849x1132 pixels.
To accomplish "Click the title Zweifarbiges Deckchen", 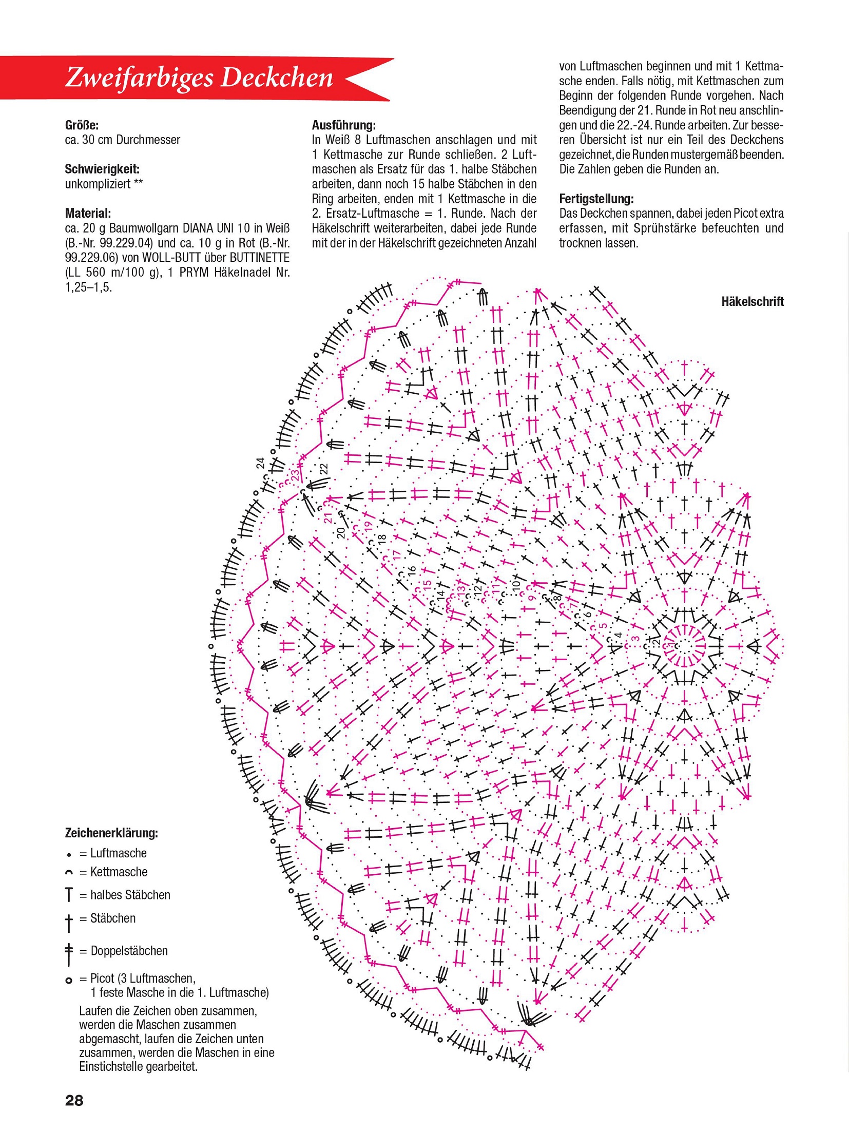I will pyautogui.click(x=199, y=78).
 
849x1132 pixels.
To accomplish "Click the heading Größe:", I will pyautogui.click(x=82, y=125).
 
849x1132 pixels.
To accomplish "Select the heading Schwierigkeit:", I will pyautogui.click(x=102, y=169).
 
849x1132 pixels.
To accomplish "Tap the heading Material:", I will pyautogui.click(x=88, y=213).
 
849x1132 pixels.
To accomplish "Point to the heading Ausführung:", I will pyautogui.click(x=343, y=125).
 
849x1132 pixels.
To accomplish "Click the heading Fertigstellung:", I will pyautogui.click(x=596, y=199).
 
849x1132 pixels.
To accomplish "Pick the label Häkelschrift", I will pyautogui.click(x=752, y=301).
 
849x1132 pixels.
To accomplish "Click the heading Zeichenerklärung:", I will pyautogui.click(x=111, y=833).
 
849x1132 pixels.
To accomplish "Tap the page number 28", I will pyautogui.click(x=74, y=1100).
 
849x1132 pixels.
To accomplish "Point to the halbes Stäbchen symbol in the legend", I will pyautogui.click(x=69, y=895).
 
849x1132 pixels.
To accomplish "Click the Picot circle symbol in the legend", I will pyautogui.click(x=69, y=981).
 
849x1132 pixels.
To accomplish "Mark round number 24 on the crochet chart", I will pyautogui.click(x=260, y=463).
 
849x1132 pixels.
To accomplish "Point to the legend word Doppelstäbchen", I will pyautogui.click(x=129, y=951).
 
